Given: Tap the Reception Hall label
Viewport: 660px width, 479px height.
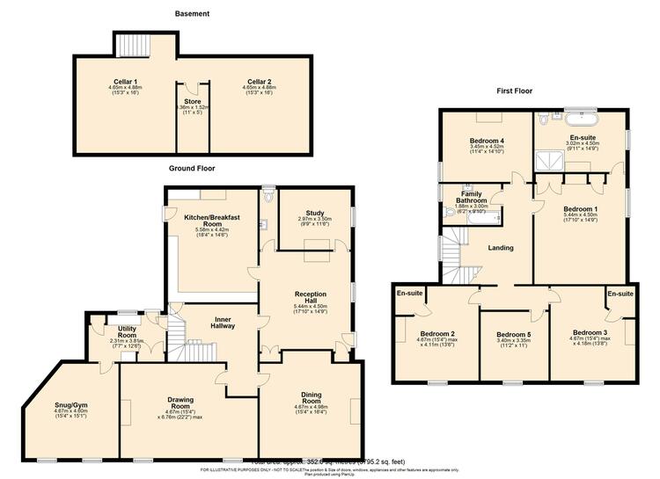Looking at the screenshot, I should pos(311,299).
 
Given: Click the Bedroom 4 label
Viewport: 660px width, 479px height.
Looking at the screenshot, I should pos(486,142).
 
